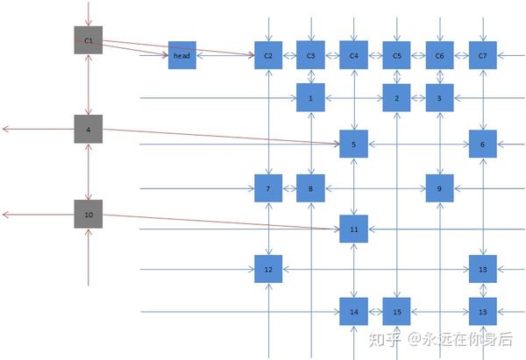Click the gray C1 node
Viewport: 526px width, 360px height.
(x=89, y=40)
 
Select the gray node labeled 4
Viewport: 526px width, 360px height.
(x=89, y=130)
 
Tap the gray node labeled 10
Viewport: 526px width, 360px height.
(x=89, y=215)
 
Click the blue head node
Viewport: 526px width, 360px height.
(x=182, y=55)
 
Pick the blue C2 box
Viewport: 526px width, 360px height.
(x=268, y=55)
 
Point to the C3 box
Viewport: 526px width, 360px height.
(x=310, y=55)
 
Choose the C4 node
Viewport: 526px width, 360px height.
(x=354, y=55)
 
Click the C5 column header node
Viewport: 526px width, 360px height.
(x=397, y=55)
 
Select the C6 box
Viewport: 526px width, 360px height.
(x=440, y=55)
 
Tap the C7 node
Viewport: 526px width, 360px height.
(x=483, y=55)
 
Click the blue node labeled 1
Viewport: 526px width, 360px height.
(x=310, y=98)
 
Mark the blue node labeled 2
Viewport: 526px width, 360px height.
(x=397, y=98)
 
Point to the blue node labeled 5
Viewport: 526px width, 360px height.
(x=354, y=144)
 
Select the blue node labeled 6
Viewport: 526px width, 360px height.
(x=483, y=144)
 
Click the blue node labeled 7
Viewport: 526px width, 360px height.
(x=268, y=187)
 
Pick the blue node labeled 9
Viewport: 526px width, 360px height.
(x=440, y=187)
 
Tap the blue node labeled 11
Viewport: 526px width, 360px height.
(x=354, y=229)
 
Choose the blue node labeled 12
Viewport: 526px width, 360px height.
(x=268, y=269)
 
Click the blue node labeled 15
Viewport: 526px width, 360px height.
(x=397, y=311)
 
